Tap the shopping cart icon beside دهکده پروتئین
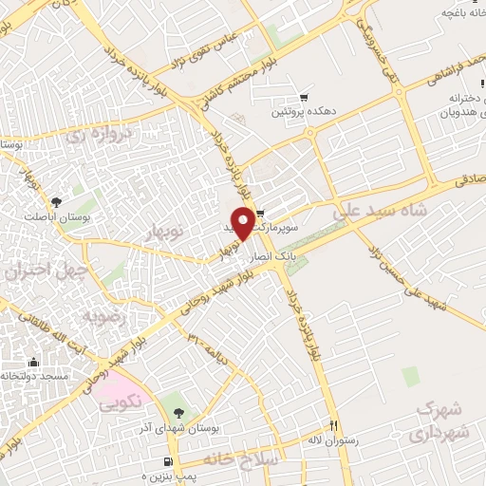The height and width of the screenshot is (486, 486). [x=304, y=97]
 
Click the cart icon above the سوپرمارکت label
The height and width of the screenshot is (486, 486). [x=260, y=213]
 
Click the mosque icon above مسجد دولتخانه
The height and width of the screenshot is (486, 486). [x=34, y=362]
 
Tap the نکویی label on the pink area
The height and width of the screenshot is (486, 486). [x=121, y=402]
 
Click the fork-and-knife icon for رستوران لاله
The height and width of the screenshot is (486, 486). [x=332, y=424]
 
